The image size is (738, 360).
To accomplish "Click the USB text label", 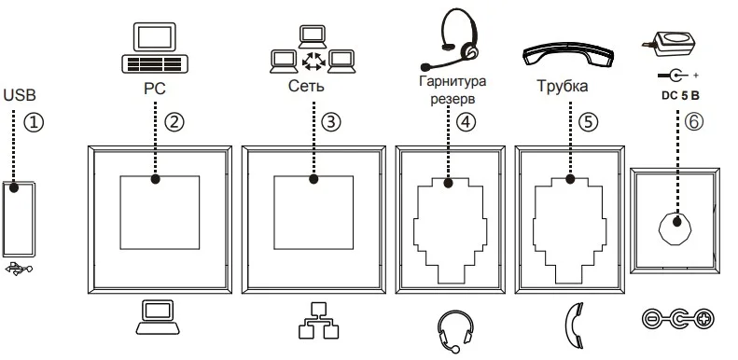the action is tap(20, 94).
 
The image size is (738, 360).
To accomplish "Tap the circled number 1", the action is tap(34, 122).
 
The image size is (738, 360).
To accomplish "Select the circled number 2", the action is tap(174, 121).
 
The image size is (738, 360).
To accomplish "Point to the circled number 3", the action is tap(330, 121).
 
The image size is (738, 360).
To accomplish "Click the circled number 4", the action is tap(466, 121).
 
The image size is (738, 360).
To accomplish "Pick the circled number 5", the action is tap(587, 121).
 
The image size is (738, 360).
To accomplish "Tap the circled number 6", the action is tap(694, 121).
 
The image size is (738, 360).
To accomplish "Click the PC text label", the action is tap(155, 89).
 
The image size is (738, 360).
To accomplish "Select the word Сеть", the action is tap(306, 86).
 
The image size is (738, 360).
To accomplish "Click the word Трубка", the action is tap(563, 86).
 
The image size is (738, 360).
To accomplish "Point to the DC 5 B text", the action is tap(680, 95).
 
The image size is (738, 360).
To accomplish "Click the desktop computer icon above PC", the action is tap(155, 48).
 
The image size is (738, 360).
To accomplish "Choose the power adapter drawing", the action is tap(667, 42).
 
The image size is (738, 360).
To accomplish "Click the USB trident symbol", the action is tap(19, 270).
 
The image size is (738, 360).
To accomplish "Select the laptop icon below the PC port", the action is tap(157, 317).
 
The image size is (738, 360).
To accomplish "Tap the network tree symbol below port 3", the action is tap(318, 321).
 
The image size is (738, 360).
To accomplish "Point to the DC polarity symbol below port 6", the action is tap(677, 319).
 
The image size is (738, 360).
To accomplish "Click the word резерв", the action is tap(453, 100).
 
